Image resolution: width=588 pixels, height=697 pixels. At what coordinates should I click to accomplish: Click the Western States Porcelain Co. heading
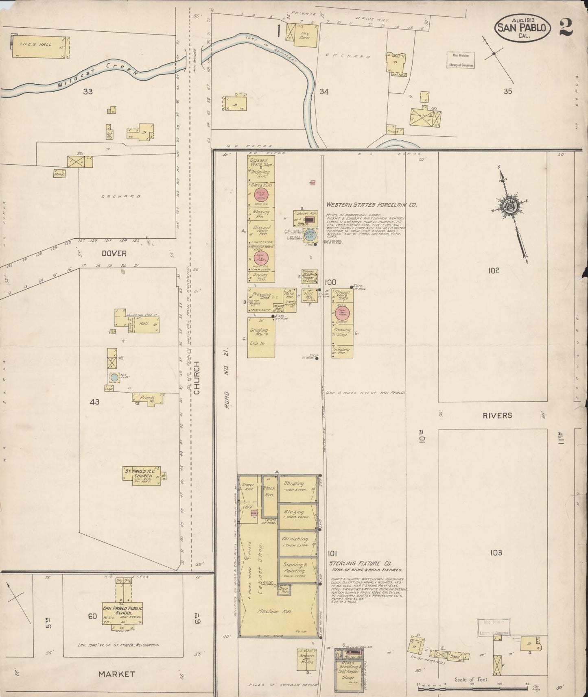click(371, 205)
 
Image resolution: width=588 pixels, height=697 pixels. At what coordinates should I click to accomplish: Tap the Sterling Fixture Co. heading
click(361, 564)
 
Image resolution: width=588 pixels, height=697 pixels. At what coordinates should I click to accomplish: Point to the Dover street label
click(114, 253)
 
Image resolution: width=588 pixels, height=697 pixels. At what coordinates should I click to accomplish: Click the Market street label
click(116, 674)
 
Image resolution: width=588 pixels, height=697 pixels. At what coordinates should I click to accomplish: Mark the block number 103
click(496, 553)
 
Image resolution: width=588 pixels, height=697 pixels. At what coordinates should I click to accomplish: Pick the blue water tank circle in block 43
click(114, 377)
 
